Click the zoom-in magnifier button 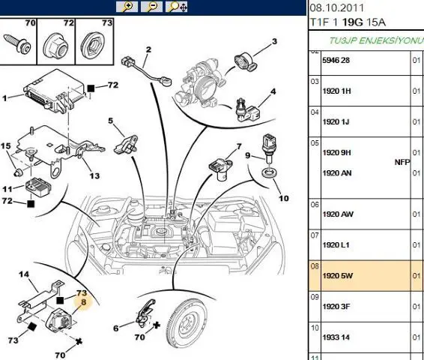127,7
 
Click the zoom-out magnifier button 152,7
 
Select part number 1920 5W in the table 338,276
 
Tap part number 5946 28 336,60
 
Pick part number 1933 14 336,337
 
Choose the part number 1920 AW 338,214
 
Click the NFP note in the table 402,162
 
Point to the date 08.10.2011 337,7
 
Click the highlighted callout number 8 84,302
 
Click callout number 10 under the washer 284,199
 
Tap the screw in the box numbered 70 16,43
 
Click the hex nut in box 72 55,46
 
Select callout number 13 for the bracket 94,176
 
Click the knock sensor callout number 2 148,49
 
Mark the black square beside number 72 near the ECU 91,88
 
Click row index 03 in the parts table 315,82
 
